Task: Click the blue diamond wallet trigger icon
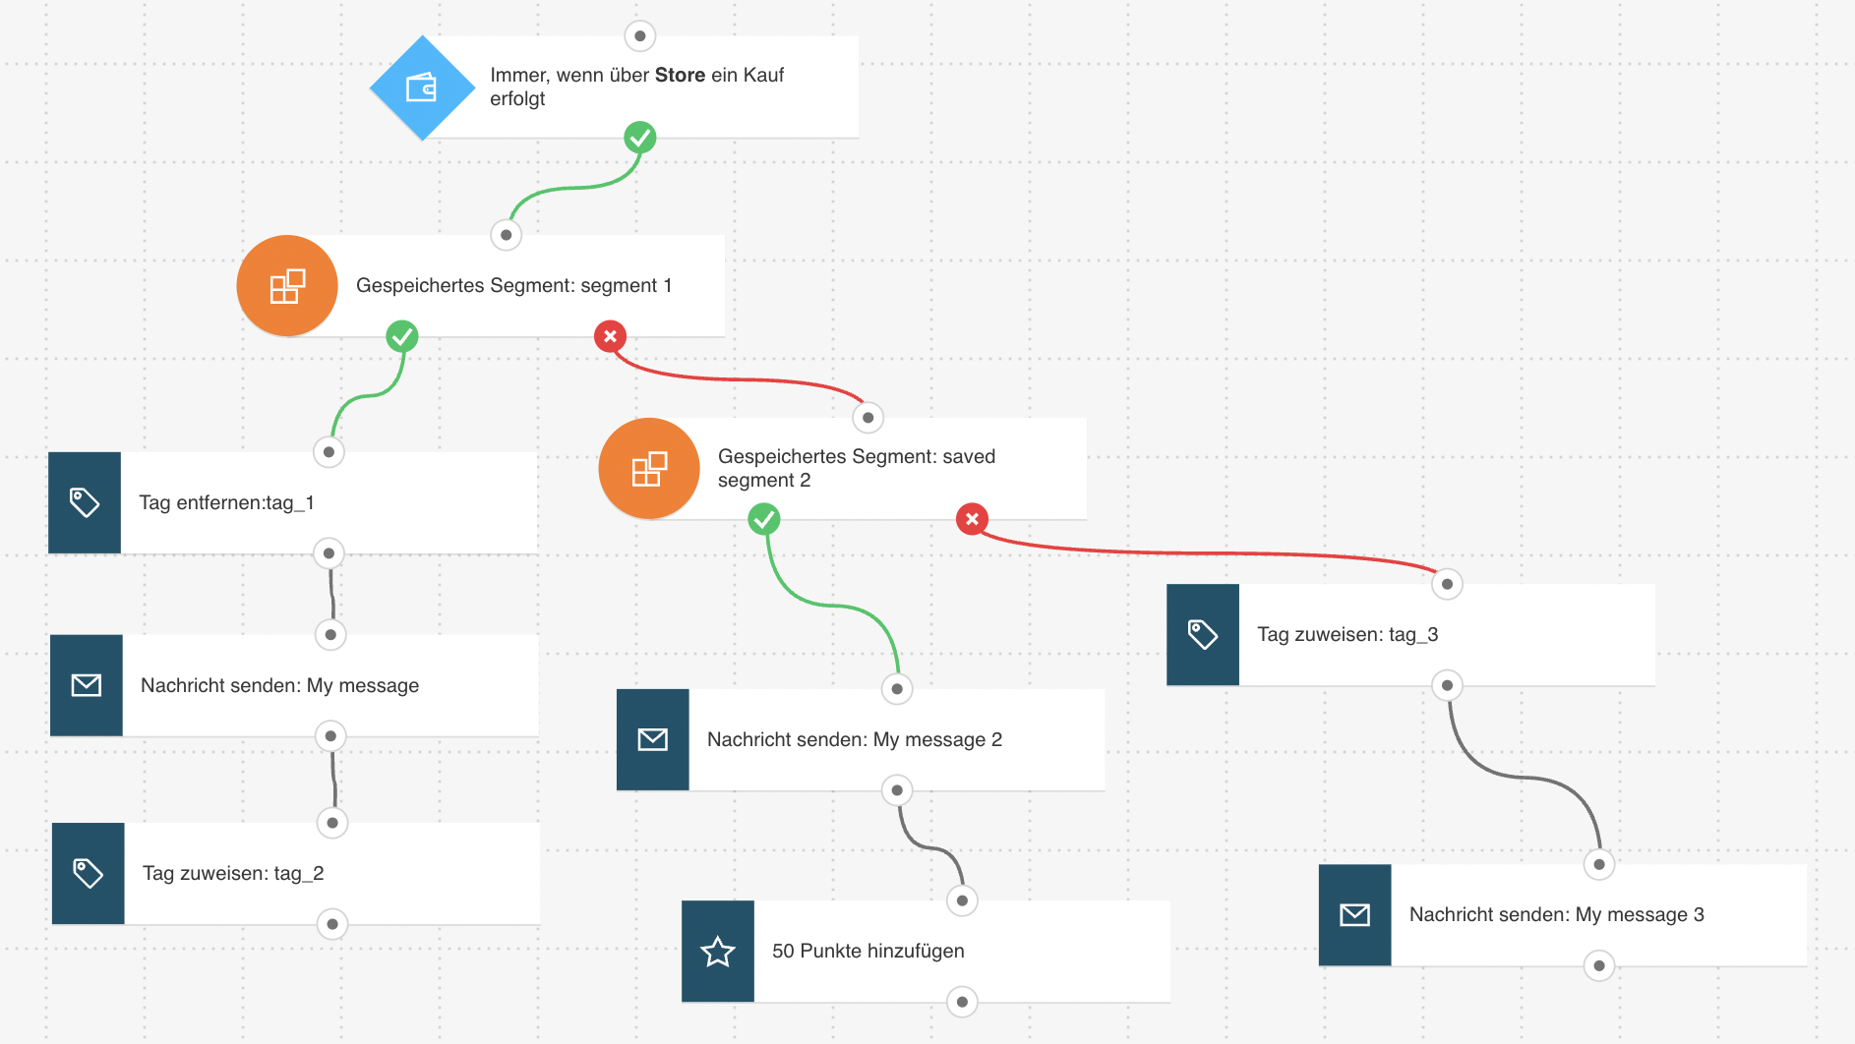423,87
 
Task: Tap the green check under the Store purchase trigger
640,138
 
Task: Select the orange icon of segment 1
287,286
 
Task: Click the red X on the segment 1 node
610,336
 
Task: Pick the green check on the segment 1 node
402,336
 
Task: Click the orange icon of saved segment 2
649,469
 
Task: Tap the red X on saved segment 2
972,519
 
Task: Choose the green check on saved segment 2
764,519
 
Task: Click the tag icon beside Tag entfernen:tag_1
85,502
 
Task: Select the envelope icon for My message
87,685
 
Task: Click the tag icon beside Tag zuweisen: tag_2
89,873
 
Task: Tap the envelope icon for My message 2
653,739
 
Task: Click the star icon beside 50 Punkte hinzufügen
718,951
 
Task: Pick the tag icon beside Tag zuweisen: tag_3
1203,634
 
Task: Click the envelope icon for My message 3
1355,914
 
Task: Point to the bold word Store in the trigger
681,75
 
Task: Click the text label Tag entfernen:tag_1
227,502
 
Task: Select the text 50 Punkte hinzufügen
868,951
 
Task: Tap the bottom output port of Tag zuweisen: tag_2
332,924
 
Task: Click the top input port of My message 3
1599,864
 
